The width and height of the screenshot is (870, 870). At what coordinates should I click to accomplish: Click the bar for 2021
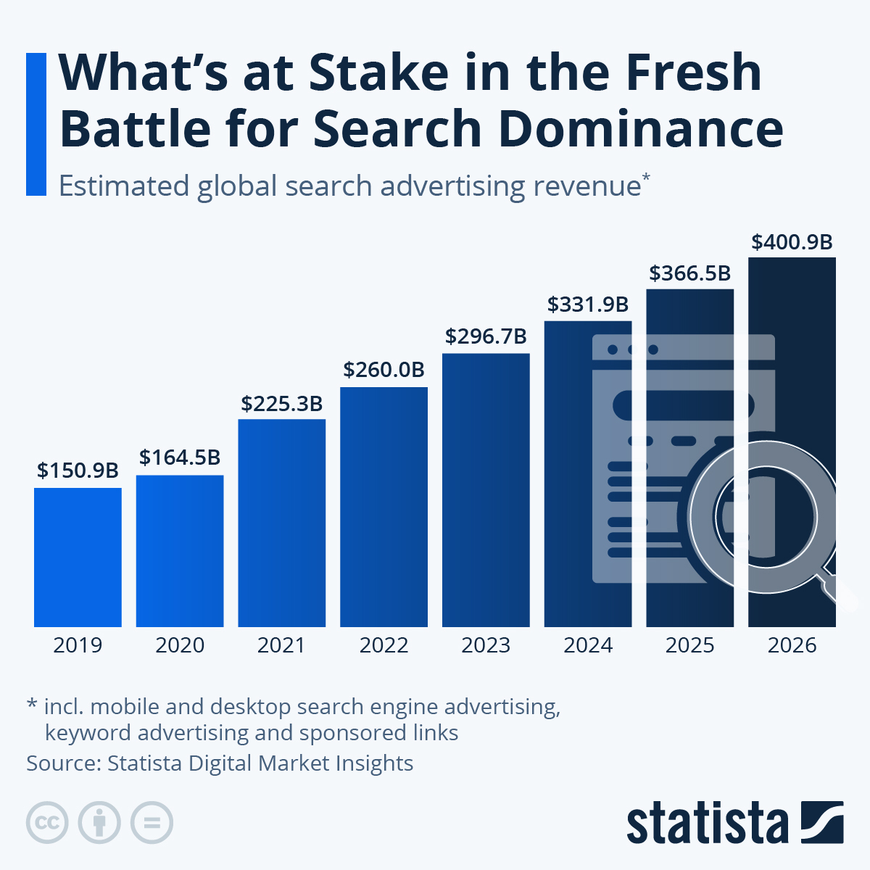(281, 523)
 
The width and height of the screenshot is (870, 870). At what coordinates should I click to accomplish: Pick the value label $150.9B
(78, 471)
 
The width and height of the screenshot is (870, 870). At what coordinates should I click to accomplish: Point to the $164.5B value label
(180, 457)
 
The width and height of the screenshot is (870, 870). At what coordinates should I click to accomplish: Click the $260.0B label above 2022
(384, 370)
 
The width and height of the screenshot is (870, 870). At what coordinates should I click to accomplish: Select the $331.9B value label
(588, 304)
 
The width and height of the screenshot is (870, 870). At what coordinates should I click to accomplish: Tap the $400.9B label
(792, 242)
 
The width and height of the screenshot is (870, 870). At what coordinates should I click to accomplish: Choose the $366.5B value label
(689, 273)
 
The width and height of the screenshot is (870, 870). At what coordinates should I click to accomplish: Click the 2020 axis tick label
(180, 645)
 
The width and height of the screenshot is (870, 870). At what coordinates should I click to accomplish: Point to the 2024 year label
(588, 645)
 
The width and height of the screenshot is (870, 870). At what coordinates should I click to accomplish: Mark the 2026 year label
(792, 645)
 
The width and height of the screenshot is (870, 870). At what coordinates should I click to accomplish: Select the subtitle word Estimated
(123, 186)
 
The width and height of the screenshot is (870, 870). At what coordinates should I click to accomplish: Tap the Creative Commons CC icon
(47, 823)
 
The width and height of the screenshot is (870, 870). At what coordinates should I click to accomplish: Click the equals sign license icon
(152, 823)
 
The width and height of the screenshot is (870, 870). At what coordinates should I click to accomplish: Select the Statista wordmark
(707, 824)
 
